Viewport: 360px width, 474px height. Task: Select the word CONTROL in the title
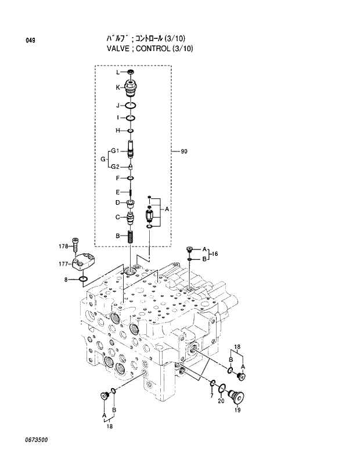click(146, 48)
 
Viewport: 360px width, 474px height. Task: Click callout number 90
click(184, 152)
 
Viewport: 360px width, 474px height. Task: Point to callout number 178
click(63, 247)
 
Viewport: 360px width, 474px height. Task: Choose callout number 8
click(67, 280)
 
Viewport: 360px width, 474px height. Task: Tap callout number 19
click(237, 410)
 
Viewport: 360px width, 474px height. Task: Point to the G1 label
click(115, 151)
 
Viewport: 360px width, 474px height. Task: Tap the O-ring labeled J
click(131, 106)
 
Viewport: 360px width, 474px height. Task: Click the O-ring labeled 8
click(84, 280)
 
